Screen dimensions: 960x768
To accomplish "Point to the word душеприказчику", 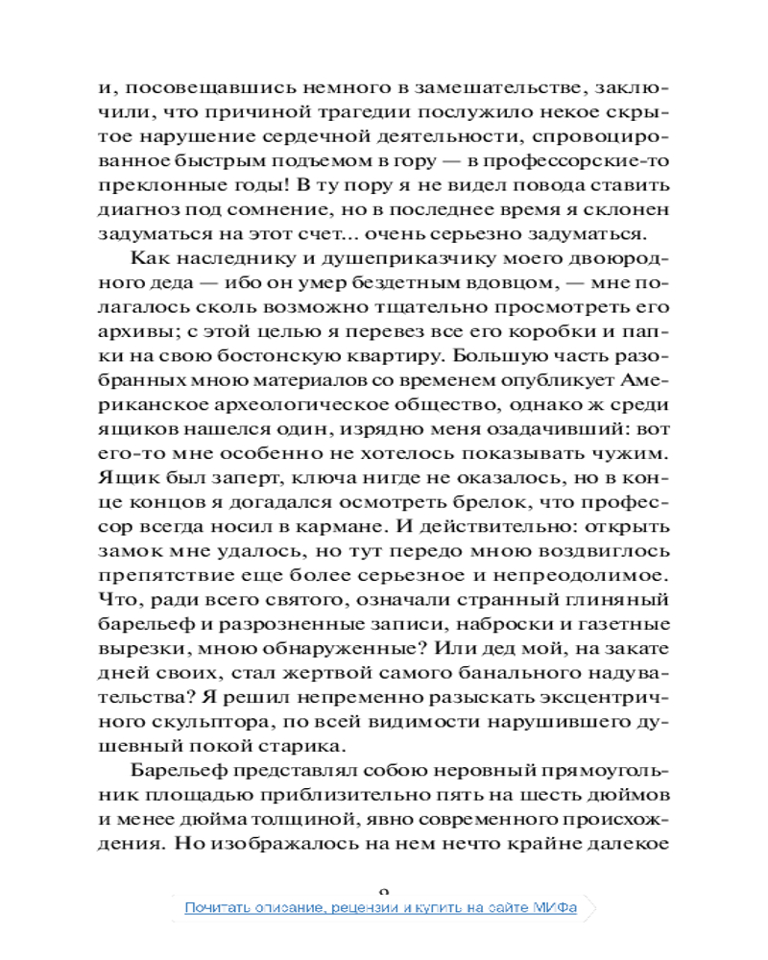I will point(345,262).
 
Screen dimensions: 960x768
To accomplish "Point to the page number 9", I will point(384,892).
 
